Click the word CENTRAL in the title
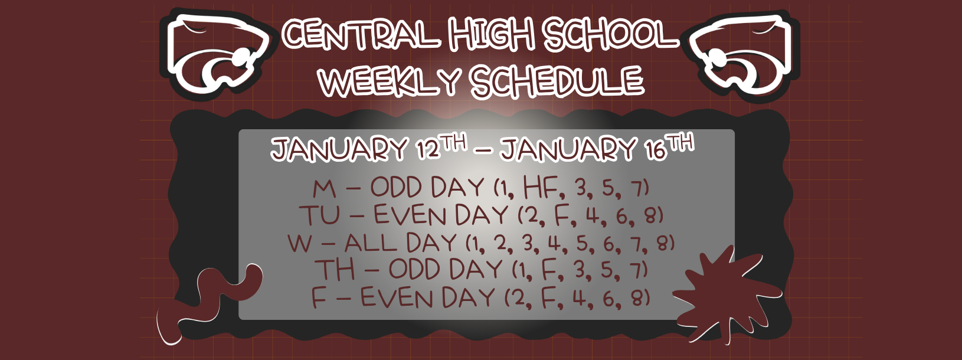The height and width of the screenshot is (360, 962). [x=361, y=34]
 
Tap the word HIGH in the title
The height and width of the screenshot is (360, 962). [x=492, y=34]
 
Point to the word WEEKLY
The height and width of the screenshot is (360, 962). [x=389, y=81]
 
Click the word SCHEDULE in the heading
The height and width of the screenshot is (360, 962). [x=557, y=81]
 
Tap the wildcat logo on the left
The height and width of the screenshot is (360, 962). [x=217, y=52]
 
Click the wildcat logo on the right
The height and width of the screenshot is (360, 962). [x=743, y=52]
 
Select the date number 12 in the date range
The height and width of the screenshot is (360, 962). [x=428, y=150]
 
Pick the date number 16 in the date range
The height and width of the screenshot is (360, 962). [x=655, y=150]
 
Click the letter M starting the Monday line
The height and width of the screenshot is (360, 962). [x=324, y=189]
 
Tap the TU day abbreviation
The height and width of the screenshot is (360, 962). [x=319, y=215]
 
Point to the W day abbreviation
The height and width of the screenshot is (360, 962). [x=300, y=243]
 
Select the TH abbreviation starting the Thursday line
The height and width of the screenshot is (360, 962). [x=335, y=270]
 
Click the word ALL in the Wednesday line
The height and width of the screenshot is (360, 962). [x=371, y=243]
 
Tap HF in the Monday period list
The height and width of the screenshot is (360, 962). [x=541, y=188]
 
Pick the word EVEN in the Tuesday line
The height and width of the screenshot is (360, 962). [x=411, y=215]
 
